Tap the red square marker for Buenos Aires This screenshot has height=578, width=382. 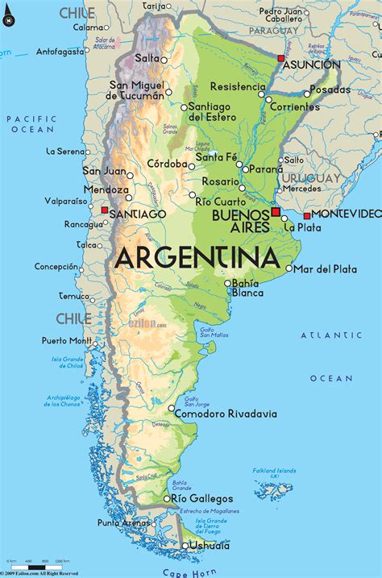[276, 211]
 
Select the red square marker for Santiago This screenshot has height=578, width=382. [104, 210]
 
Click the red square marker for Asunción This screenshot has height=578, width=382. [280, 59]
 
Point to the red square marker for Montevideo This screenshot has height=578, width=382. [306, 215]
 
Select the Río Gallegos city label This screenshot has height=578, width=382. [203, 499]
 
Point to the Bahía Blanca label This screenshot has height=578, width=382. [245, 288]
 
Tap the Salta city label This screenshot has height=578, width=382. [147, 58]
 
